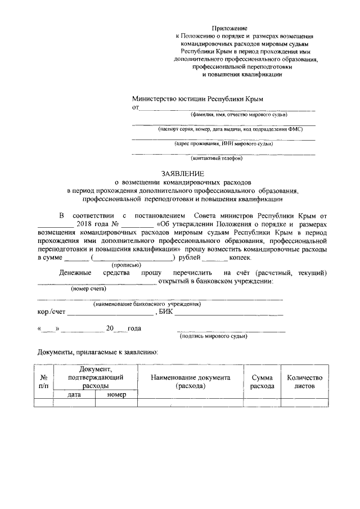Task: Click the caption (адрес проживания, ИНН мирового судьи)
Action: click(224, 143)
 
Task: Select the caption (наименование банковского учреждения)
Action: click(147, 304)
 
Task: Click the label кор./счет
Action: click(51, 312)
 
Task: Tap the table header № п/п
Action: click(43, 382)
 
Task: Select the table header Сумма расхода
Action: click(262, 382)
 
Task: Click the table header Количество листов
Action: click(304, 382)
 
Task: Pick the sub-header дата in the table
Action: click(74, 395)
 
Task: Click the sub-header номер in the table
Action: click(116, 395)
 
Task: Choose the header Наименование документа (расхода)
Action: click(191, 382)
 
